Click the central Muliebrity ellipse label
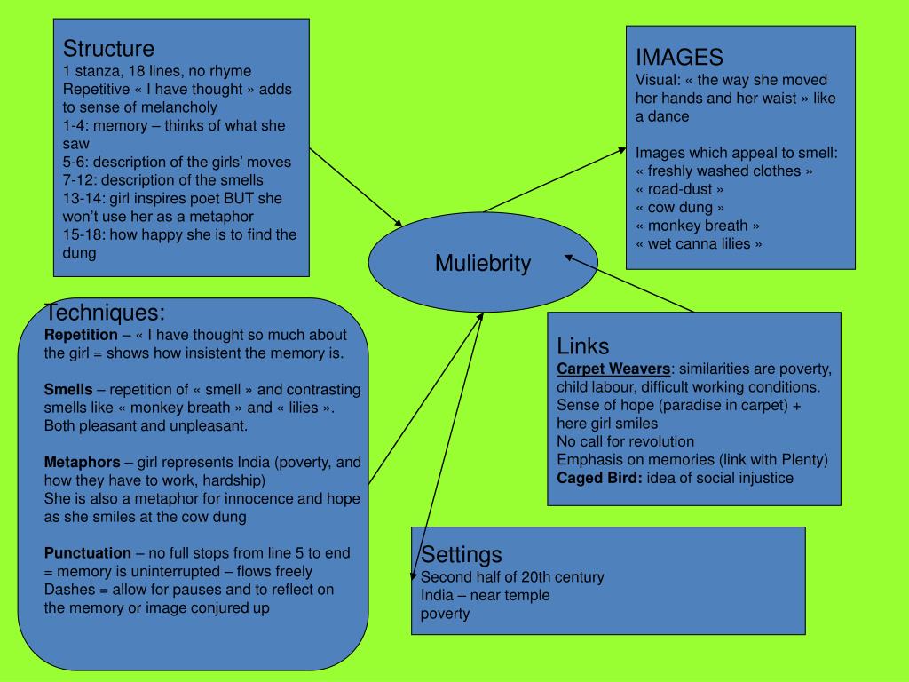(482, 264)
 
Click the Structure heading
(108, 48)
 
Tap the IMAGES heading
(679, 58)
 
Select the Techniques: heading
(105, 313)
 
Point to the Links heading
(582, 345)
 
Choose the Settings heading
(461, 555)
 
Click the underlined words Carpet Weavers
(613, 369)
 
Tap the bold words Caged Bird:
(600, 478)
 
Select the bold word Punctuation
(87, 552)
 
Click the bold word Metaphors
(83, 462)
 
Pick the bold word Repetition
(81, 335)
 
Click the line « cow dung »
(680, 207)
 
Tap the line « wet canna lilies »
(699, 243)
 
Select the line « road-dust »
(680, 189)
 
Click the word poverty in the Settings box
(445, 614)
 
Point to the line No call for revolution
(625, 441)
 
